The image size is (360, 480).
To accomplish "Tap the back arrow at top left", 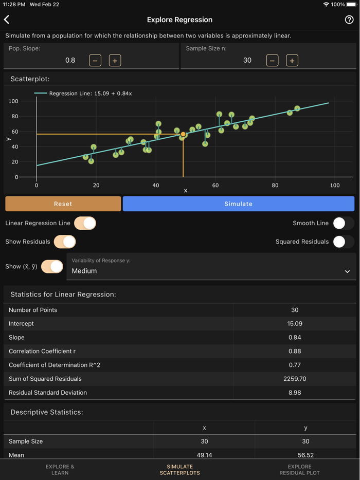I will pyautogui.click(x=7, y=20).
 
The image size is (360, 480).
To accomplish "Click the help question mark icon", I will pyautogui.click(x=349, y=20).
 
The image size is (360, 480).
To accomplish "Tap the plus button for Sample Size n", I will pyautogui.click(x=292, y=61).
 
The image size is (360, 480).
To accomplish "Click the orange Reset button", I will pyautogui.click(x=63, y=204).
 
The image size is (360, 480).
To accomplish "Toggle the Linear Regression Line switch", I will pyautogui.click(x=85, y=223).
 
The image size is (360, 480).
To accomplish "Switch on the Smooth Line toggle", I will pyautogui.click(x=343, y=223).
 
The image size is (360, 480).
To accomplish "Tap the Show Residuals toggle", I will pyautogui.click(x=65, y=242).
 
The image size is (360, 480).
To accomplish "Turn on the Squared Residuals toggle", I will pyautogui.click(x=343, y=242).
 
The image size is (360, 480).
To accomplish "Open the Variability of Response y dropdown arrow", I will pyautogui.click(x=347, y=271).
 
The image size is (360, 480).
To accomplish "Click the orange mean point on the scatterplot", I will pyautogui.click(x=183, y=134).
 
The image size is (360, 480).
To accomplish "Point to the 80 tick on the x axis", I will pyautogui.click(x=275, y=185).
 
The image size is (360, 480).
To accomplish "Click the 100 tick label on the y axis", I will pyautogui.click(x=13, y=101).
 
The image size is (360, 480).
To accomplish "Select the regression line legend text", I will pyautogui.click(x=91, y=94).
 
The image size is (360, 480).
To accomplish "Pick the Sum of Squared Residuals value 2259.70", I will pyautogui.click(x=295, y=379).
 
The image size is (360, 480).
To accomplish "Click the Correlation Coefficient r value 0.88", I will pyautogui.click(x=295, y=352).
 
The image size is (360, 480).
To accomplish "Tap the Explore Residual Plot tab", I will pyautogui.click(x=299, y=470).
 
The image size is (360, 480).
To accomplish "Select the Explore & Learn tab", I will pyautogui.click(x=60, y=470).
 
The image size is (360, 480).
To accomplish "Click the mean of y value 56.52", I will pyautogui.click(x=305, y=455).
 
